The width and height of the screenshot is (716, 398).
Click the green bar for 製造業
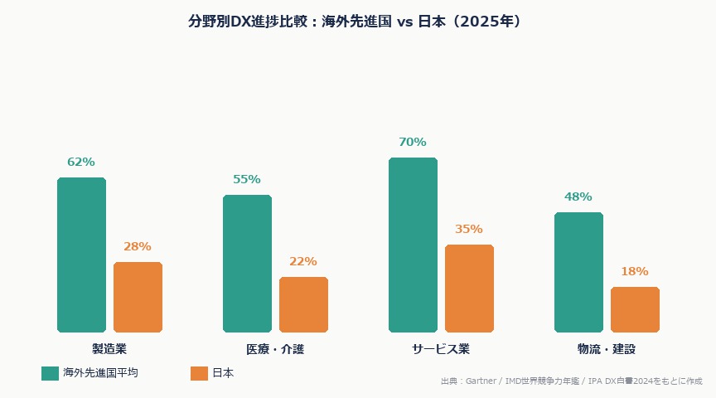tap(81, 255)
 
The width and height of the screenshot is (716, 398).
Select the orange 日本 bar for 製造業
tap(138, 297)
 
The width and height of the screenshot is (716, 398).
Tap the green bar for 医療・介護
tap(247, 264)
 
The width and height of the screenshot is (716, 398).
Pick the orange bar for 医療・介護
tap(303, 304)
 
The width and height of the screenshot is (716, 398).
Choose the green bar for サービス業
tap(413, 245)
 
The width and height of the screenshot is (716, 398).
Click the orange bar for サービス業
tap(469, 289)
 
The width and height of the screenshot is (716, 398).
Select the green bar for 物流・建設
tap(578, 272)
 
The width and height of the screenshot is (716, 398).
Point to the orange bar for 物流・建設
tap(635, 309)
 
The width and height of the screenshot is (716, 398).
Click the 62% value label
tap(81, 163)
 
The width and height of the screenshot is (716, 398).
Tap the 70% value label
tap(413, 143)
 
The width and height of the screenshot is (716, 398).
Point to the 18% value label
tap(635, 272)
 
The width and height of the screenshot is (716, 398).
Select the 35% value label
tap(469, 230)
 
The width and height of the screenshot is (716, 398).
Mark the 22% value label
tap(303, 262)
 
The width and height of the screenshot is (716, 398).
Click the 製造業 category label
tap(109, 349)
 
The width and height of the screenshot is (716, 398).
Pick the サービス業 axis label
tap(441, 349)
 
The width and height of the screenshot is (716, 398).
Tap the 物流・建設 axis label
tap(607, 349)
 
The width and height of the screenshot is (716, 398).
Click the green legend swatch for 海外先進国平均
tap(50, 373)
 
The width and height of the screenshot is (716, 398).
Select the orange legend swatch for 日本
tap(199, 373)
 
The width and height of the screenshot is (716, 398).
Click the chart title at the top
tap(358, 22)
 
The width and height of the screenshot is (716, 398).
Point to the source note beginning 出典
tap(571, 381)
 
